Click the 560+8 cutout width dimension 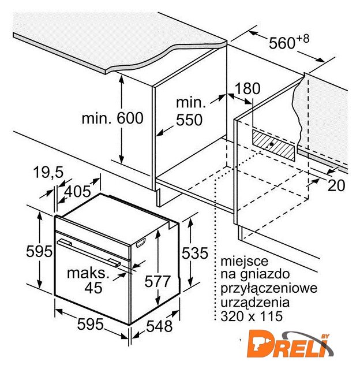click(289, 42)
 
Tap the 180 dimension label click(247, 88)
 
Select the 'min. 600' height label click(112, 118)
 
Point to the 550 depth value click(189, 120)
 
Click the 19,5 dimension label click(48, 172)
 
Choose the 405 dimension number click(77, 192)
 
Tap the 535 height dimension click(194, 253)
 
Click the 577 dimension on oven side click(157, 281)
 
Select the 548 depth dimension click(159, 326)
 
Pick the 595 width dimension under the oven click(90, 324)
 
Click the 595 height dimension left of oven click(39, 251)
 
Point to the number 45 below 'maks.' click(93, 288)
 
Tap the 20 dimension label click(336, 185)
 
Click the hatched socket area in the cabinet click(273, 146)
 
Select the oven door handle click(89, 252)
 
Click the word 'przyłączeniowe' click(269, 289)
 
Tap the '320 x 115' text click(252, 316)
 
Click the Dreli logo click(290, 345)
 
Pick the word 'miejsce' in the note click(244, 261)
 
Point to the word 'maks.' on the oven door click(88, 273)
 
